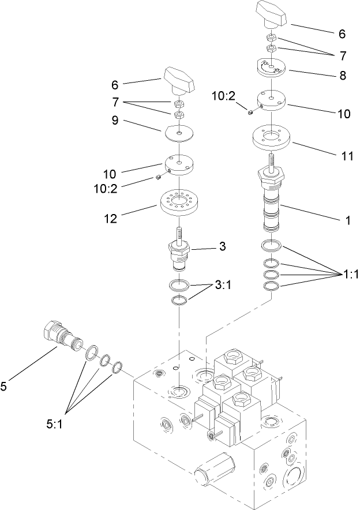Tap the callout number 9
click(x=115, y=122)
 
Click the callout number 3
click(x=222, y=247)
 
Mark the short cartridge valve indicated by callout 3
click(x=180, y=254)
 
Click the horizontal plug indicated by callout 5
click(x=62, y=337)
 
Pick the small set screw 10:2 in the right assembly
click(x=250, y=112)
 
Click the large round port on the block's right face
click(x=295, y=478)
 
